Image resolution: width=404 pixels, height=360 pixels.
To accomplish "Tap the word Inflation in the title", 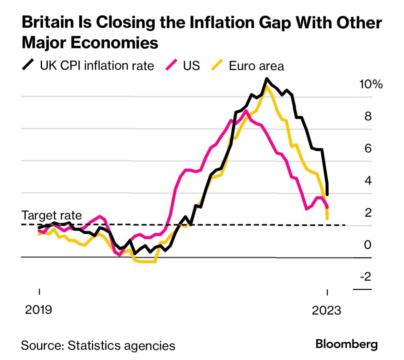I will (220, 23).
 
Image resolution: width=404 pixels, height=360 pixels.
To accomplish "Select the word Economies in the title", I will (114, 43).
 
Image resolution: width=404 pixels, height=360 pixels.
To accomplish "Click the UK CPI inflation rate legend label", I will (97, 66).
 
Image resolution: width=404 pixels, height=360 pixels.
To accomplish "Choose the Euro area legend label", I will (256, 66).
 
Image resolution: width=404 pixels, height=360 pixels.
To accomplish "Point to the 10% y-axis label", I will (371, 84).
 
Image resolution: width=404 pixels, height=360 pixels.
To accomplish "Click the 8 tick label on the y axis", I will (368, 116).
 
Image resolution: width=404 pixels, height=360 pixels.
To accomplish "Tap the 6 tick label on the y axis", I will (368, 148).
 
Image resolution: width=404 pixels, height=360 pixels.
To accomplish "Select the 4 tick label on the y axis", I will (368, 180).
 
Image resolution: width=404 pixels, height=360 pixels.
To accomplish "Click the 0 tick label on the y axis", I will (367, 245).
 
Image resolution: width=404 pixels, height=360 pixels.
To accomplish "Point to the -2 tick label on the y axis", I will (365, 276).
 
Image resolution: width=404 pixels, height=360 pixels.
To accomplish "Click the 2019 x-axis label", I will (39, 309).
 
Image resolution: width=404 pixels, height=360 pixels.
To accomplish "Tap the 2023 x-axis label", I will (327, 310).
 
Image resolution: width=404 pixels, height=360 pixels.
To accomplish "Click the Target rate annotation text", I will (52, 216).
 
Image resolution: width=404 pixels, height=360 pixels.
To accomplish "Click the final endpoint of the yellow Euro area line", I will (327, 219).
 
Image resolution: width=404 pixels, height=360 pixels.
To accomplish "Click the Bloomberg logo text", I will (347, 344).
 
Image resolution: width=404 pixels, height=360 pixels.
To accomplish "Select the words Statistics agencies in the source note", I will (121, 345).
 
